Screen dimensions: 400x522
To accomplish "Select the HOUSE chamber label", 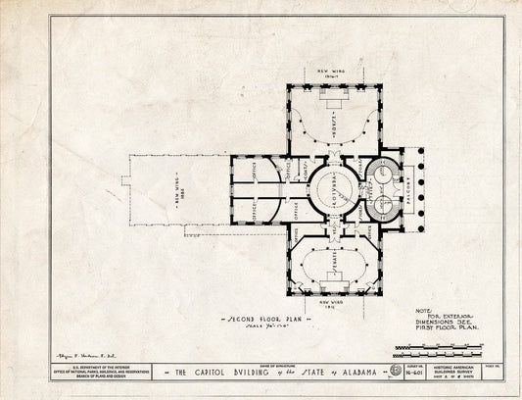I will point(332,119).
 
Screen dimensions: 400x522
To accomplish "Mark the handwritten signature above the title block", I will point(72,351).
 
